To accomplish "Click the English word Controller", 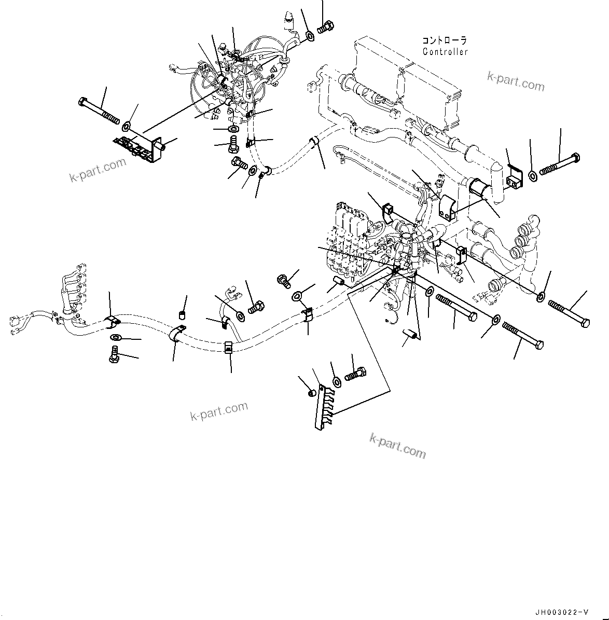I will point(445,51).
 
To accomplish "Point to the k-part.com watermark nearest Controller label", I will point(516,81).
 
